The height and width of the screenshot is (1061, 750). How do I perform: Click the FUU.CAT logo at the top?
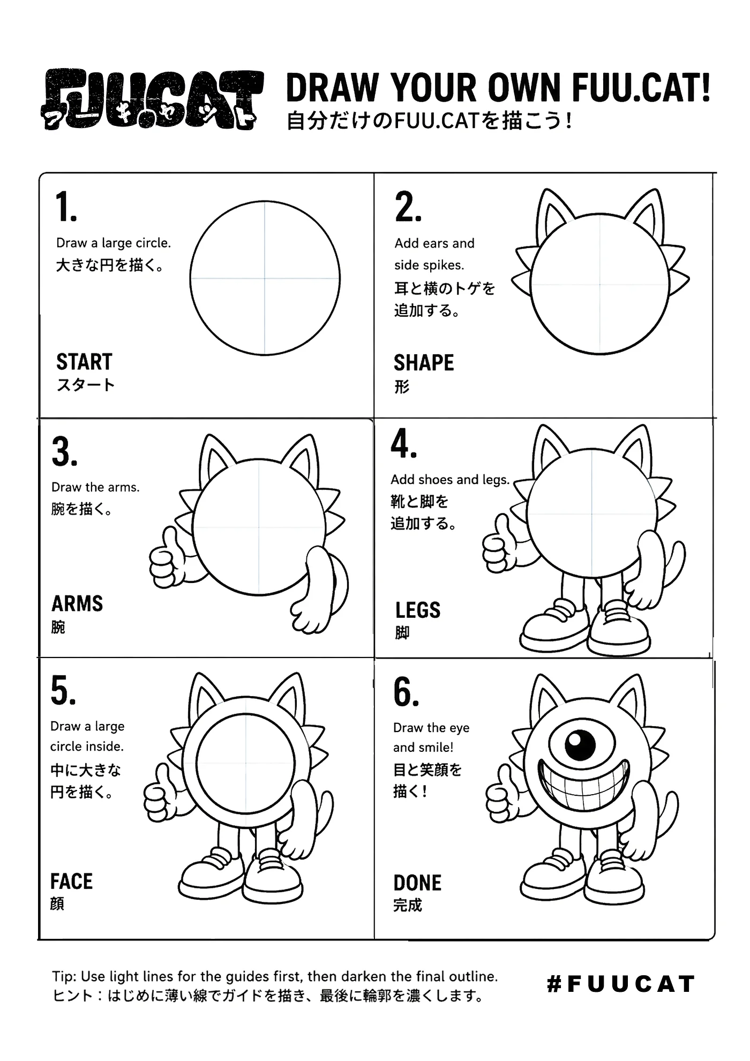(x=153, y=99)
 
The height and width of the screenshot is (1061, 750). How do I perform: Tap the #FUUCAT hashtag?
(x=621, y=984)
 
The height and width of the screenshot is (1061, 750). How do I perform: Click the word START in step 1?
(x=84, y=362)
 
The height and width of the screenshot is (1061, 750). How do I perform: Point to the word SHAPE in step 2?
(x=424, y=363)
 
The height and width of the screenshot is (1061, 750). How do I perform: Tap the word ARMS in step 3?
(x=77, y=603)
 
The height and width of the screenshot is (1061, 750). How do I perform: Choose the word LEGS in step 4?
(x=418, y=610)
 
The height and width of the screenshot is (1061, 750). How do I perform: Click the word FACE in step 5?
(x=71, y=881)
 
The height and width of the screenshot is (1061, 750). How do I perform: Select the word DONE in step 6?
(x=417, y=883)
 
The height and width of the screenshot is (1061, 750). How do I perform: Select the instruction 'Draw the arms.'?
(x=95, y=487)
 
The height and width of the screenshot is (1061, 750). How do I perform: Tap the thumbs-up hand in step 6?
(x=503, y=793)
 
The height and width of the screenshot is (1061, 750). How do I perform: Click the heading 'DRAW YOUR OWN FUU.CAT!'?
(x=499, y=87)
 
